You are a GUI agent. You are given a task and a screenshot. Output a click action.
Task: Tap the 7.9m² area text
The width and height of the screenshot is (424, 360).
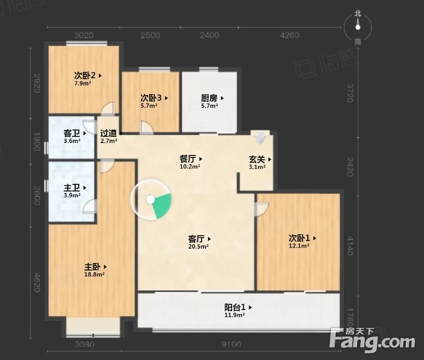(x=83, y=83)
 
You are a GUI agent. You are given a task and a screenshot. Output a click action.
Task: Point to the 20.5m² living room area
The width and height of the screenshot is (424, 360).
(x=198, y=246)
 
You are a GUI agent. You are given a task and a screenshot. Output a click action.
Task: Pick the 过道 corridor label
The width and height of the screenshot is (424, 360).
(x=109, y=133)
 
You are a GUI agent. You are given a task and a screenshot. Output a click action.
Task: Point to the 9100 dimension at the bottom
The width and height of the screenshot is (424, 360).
(x=231, y=344)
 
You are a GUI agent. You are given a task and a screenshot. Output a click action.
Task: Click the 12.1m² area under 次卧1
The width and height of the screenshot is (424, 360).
(x=299, y=245)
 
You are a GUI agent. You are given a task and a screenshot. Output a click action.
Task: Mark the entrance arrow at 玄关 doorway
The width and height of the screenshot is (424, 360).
(x=260, y=138)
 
